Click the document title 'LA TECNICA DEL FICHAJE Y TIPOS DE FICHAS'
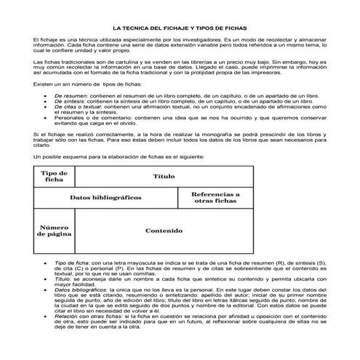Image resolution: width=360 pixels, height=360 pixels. point(180,24)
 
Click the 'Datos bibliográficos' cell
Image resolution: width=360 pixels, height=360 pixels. point(105,198)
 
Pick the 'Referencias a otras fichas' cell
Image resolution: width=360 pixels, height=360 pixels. point(215,198)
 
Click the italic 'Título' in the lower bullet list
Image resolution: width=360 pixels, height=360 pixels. point(64,277)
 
